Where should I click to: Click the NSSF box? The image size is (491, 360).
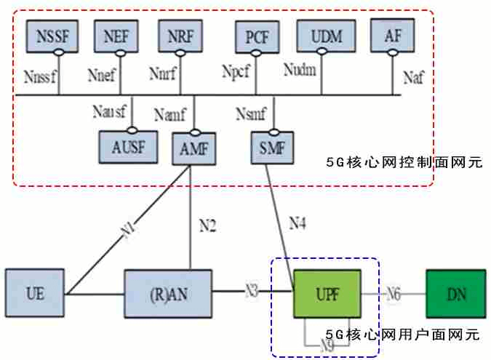(52, 36)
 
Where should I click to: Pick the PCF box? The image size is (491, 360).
(257, 36)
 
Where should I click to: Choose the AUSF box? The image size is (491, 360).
(127, 148)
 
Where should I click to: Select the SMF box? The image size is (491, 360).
(271, 148)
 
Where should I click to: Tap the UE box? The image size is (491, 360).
(34, 294)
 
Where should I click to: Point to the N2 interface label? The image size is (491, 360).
(208, 226)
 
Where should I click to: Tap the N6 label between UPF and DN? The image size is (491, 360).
(393, 294)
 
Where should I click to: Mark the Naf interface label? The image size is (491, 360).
(412, 78)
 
